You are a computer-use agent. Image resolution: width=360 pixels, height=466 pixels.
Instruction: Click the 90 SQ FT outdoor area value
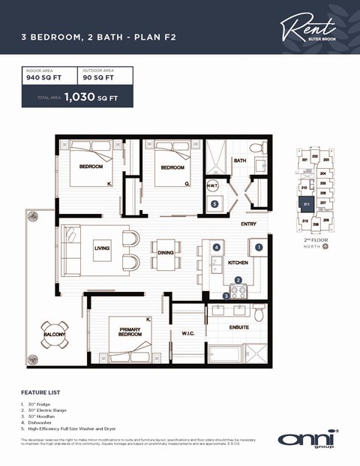[98, 77]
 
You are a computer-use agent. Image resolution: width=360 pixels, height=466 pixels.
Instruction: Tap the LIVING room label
[102, 248]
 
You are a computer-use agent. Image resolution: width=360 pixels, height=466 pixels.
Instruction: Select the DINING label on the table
[166, 253]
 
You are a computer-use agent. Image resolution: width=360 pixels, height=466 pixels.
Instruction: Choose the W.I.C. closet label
[187, 333]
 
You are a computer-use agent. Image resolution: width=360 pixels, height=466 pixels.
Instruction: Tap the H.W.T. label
[212, 188]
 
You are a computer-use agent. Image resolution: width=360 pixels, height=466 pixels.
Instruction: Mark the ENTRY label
[248, 224]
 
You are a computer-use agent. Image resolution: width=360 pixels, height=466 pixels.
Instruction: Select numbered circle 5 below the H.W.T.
[214, 203]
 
